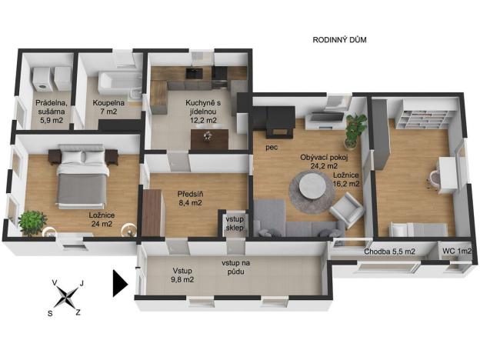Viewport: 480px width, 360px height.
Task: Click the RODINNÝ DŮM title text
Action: tap(339, 40)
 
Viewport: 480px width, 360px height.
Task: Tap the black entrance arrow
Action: tap(120, 284)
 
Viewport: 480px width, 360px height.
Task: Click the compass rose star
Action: tap(66, 297)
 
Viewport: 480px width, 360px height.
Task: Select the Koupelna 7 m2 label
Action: tap(108, 107)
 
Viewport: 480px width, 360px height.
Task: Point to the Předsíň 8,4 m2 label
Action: tap(190, 198)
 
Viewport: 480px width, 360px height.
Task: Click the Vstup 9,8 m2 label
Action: tap(182, 275)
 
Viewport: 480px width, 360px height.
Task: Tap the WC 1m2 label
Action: tap(457, 251)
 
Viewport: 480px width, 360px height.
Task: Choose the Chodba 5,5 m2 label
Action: tap(389, 252)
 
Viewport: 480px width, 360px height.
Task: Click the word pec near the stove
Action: tap(272, 148)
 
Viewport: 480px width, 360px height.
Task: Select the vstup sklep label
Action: tap(235, 224)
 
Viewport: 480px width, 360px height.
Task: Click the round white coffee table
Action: tap(312, 187)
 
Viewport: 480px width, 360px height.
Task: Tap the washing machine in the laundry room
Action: tap(42, 79)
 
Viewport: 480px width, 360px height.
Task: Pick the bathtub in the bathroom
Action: tap(120, 82)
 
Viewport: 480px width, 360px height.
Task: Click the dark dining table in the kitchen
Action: tap(210, 139)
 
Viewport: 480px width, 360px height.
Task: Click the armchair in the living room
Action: tap(347, 209)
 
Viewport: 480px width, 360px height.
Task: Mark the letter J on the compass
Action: tap(82, 283)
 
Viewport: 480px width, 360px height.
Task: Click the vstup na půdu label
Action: tap(235, 267)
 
